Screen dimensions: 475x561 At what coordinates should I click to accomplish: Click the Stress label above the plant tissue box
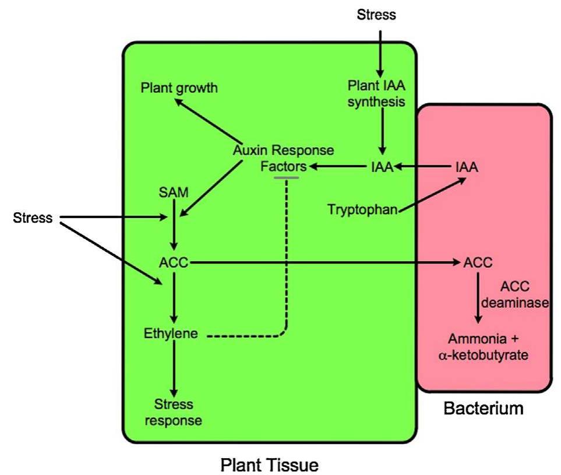376,15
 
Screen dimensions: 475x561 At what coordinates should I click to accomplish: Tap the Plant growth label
179,88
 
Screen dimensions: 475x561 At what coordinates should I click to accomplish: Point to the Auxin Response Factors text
284,159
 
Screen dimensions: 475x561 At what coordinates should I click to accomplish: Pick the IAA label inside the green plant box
382,168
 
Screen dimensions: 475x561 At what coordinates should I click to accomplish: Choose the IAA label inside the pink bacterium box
466,168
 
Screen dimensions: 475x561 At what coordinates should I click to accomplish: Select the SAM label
173,193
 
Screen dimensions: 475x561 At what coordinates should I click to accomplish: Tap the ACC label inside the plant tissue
174,263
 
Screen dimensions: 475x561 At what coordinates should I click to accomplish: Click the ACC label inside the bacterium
478,263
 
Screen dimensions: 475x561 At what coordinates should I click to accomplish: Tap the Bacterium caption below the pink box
483,409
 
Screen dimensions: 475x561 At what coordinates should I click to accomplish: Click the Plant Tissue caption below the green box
270,465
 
